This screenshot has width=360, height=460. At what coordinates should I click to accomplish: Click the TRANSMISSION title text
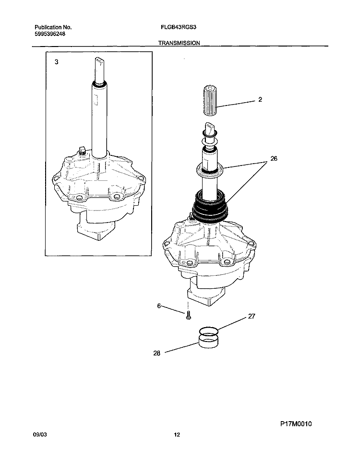(x=179, y=43)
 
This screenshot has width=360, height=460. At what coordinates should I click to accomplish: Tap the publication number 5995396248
(x=50, y=34)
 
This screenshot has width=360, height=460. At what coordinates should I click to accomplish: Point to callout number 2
(x=260, y=99)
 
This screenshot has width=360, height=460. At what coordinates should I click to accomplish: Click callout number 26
(x=274, y=158)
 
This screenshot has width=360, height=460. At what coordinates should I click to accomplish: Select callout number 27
(x=252, y=316)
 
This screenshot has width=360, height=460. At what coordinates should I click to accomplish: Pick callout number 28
(x=157, y=353)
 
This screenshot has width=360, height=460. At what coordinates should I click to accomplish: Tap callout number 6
(x=159, y=306)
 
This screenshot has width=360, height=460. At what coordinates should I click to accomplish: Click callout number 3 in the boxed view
(x=56, y=62)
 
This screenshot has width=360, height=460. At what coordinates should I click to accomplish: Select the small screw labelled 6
(x=189, y=315)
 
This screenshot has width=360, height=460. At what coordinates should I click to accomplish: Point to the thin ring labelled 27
(x=208, y=331)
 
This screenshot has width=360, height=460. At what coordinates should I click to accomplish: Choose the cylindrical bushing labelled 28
(x=208, y=341)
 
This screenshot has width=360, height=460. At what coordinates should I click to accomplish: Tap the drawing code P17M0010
(x=296, y=424)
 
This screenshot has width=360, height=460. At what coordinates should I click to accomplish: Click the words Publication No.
(x=53, y=27)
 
